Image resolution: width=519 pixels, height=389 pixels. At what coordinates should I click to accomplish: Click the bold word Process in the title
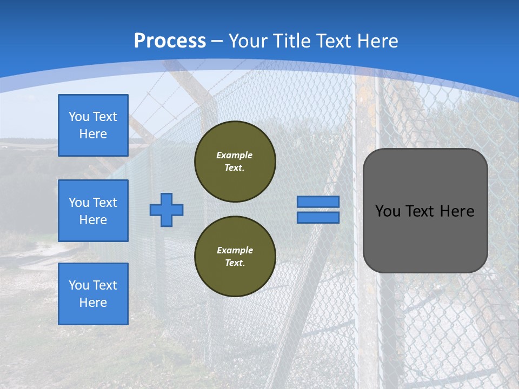(x=170, y=41)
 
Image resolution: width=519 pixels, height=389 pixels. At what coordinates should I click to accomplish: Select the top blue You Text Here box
(x=93, y=125)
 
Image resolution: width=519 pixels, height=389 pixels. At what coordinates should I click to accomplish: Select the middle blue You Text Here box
(x=93, y=211)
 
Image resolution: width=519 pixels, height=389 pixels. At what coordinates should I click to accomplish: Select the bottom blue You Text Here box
(x=93, y=293)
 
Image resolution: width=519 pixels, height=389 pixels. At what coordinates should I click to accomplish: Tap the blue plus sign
(x=167, y=210)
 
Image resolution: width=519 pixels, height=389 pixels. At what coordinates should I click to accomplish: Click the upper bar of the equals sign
(x=318, y=202)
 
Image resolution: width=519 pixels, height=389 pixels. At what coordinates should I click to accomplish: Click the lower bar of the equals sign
(x=318, y=217)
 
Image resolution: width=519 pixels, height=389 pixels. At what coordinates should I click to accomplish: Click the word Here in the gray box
(x=457, y=211)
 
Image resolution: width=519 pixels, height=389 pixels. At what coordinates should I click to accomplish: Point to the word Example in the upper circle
(x=235, y=155)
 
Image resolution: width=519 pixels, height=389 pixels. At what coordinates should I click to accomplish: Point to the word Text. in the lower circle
(x=235, y=263)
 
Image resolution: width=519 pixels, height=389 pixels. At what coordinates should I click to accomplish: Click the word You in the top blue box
(x=79, y=117)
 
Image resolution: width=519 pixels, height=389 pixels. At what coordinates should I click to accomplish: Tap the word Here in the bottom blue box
(x=93, y=303)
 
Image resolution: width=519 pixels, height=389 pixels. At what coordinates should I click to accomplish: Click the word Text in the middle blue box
(x=104, y=203)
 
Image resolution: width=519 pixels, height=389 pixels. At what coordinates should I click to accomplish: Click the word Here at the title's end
(x=378, y=41)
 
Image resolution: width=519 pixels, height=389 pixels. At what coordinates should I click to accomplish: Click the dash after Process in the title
(x=217, y=41)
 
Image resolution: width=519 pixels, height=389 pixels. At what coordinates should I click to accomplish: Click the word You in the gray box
(x=388, y=211)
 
